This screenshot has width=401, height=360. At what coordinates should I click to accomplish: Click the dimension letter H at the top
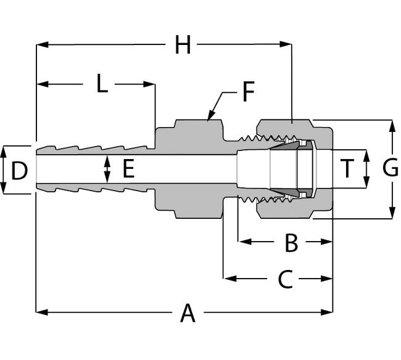[x=183, y=44]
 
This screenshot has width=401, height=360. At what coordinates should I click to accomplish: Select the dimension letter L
[x=102, y=83]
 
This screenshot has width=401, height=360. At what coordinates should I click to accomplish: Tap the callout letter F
[x=248, y=92]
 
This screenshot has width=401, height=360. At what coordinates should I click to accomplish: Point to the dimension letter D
[x=20, y=170]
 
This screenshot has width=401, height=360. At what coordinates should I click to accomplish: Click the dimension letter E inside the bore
[x=128, y=168]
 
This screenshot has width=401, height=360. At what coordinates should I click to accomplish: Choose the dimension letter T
[x=349, y=168]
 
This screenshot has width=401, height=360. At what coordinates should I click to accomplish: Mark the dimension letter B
[x=291, y=242]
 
